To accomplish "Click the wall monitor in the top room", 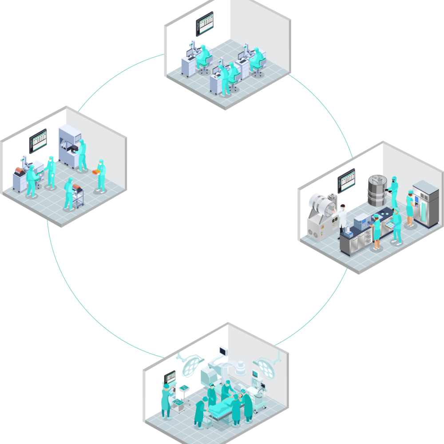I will pyautogui.click(x=205, y=24).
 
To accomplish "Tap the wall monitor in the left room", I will pyautogui.click(x=38, y=141).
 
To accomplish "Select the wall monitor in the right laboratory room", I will pyautogui.click(x=346, y=180).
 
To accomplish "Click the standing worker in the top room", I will pyautogui.click(x=225, y=79).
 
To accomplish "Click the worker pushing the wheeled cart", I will pyautogui.click(x=69, y=193).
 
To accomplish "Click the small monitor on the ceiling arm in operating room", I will pyautogui.click(x=223, y=352).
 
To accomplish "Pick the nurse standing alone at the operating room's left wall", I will pyautogui.click(x=166, y=400).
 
